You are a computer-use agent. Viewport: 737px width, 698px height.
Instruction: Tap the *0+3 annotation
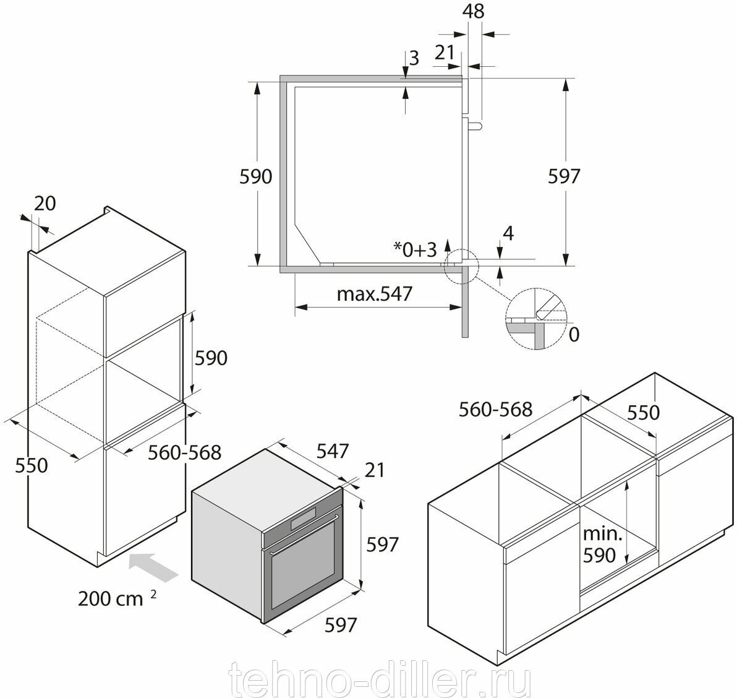click(415, 249)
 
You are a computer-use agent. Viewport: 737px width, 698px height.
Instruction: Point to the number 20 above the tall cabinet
click(45, 203)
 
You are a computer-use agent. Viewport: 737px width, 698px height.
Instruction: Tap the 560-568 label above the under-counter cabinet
click(495, 409)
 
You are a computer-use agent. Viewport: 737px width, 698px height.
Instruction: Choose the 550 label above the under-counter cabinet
click(644, 412)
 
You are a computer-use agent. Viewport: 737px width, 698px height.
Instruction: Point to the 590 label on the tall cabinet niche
click(211, 358)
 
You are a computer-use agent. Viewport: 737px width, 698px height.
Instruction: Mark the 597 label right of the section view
click(564, 176)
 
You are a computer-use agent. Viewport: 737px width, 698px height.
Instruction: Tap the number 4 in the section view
click(508, 234)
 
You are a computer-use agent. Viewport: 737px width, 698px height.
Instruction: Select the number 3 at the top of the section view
click(414, 59)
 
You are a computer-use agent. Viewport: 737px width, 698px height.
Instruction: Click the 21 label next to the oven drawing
click(374, 470)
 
